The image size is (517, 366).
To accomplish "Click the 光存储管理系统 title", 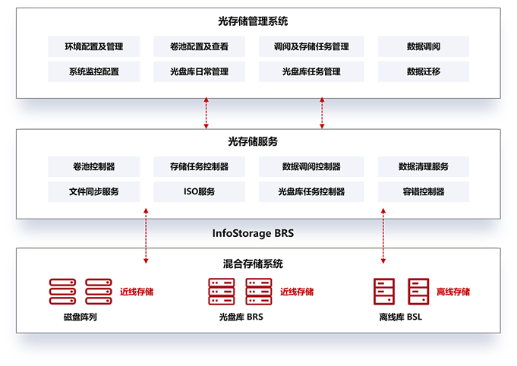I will (x=258, y=21).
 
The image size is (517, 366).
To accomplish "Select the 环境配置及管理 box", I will (x=93, y=46).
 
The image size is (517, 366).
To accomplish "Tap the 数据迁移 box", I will (x=423, y=71).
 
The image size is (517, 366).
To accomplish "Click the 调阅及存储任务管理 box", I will (x=311, y=46).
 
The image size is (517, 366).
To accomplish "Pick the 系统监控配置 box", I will (x=93, y=71).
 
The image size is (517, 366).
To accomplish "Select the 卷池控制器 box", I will (x=93, y=166).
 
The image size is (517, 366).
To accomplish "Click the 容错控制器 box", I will (x=423, y=191).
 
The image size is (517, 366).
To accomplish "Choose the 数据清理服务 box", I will (x=423, y=166).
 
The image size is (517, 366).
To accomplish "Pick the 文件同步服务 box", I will (x=93, y=191).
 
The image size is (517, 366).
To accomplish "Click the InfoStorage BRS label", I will (x=253, y=233).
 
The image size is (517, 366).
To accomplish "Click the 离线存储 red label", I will (x=453, y=292).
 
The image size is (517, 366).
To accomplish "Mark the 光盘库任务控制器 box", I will (x=311, y=191).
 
